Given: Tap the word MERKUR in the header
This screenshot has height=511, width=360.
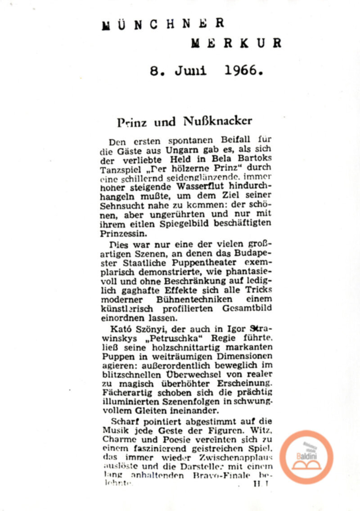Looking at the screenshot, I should coord(236,43).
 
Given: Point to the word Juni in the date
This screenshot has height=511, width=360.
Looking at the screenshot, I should coord(191,71).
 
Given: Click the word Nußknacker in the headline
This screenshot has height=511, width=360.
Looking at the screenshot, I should coord(218,121).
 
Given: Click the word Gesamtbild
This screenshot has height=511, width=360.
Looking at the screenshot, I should coord(247,308).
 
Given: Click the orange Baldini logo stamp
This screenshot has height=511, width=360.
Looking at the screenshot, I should coord(306,457).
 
